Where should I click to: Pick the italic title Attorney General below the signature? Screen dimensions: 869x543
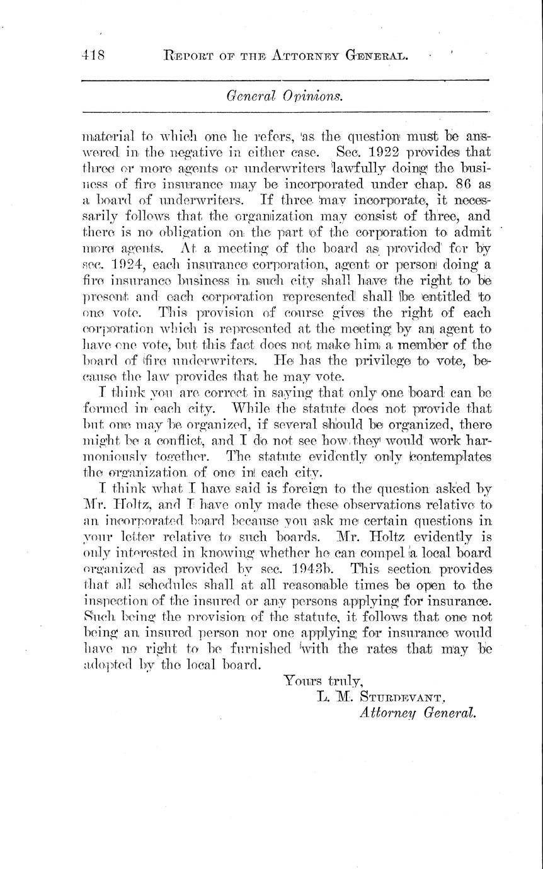click(417, 713)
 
